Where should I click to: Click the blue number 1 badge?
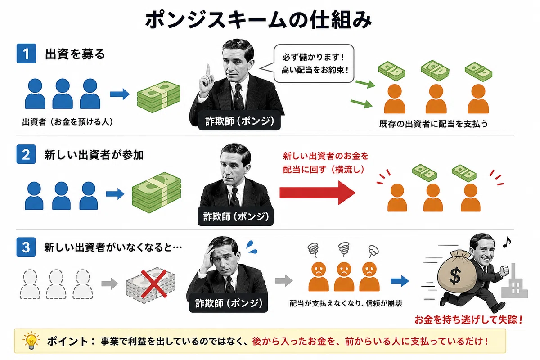coord(26,54)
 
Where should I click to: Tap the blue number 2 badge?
coord(26,154)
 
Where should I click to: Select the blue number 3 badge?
coord(26,247)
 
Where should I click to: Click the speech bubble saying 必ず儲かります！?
coord(313,63)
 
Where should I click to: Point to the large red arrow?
coord(318,193)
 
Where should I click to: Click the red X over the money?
coord(154,283)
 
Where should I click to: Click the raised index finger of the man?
coord(208,70)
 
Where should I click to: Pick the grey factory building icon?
coord(515,283)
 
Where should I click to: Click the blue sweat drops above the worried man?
coord(252,247)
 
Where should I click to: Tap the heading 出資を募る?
coord(75,54)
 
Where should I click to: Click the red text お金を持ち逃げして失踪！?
coord(468,320)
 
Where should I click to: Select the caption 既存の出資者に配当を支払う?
coord(434,124)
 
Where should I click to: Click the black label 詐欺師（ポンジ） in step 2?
coord(235,216)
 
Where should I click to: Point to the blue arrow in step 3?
coord(400,281)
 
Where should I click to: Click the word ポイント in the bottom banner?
coord(68,342)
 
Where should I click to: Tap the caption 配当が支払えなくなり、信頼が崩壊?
coord(346,303)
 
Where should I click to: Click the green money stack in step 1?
coord(159,97)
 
